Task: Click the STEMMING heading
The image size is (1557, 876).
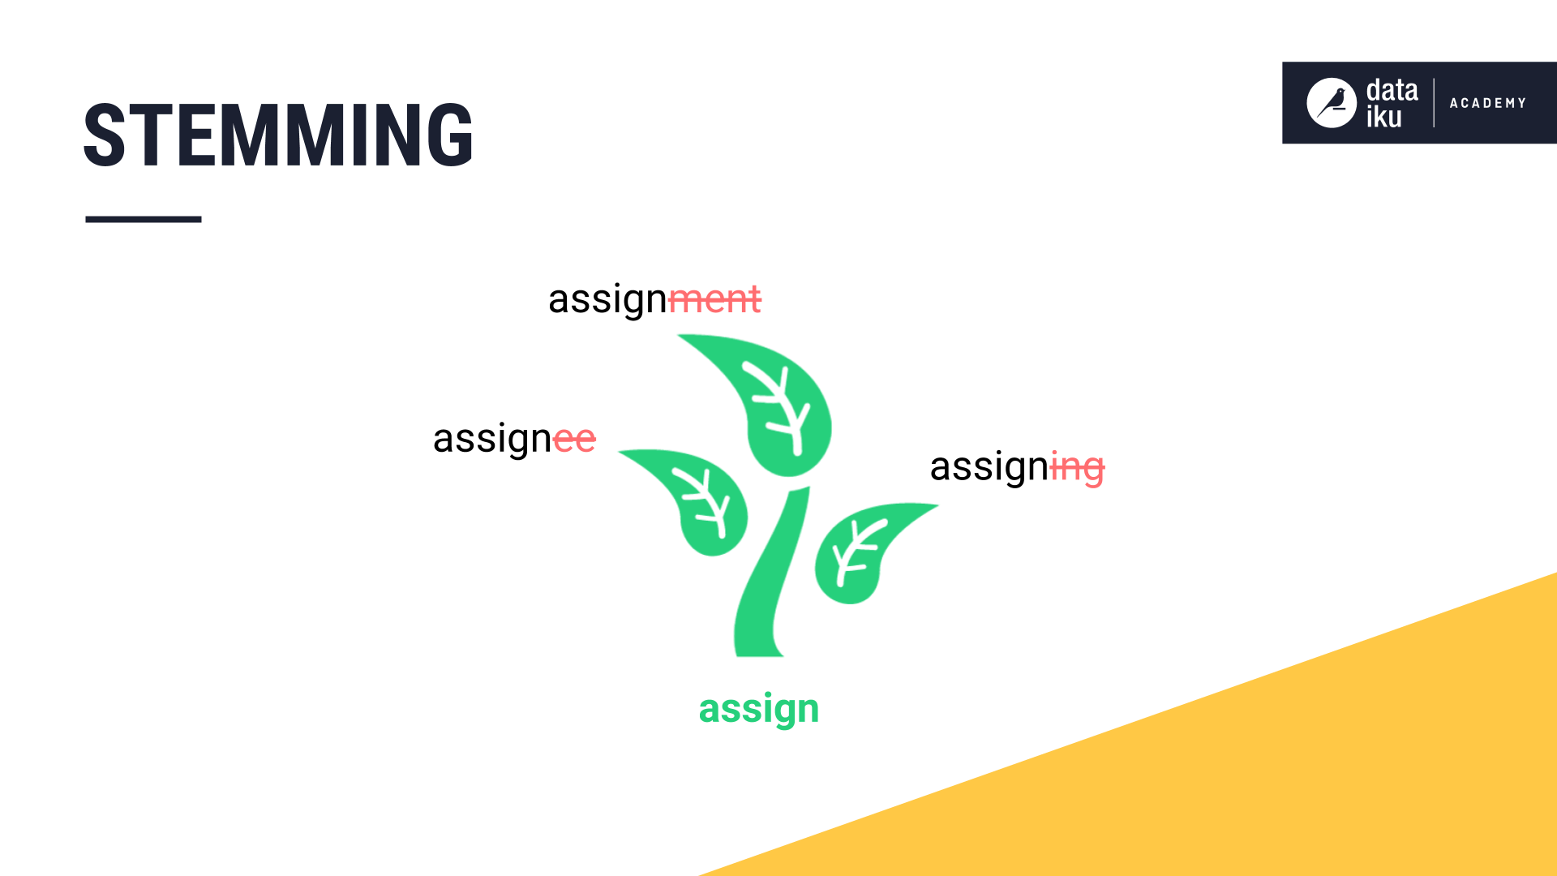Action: click(x=278, y=135)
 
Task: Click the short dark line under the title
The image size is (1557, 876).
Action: click(x=144, y=219)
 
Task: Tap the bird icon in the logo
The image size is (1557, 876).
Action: click(x=1331, y=103)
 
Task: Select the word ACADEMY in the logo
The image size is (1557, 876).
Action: click(x=1488, y=103)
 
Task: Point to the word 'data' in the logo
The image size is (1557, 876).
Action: click(x=1392, y=90)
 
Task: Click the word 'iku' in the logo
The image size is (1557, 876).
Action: click(x=1383, y=118)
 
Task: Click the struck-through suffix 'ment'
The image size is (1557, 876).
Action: click(x=715, y=299)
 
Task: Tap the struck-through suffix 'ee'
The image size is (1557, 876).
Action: click(x=574, y=440)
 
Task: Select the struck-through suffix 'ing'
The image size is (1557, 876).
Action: click(x=1077, y=468)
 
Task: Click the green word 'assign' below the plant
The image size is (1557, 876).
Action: click(x=759, y=710)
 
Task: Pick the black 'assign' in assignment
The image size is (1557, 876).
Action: click(x=607, y=299)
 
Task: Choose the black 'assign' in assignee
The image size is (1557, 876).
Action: click(x=492, y=440)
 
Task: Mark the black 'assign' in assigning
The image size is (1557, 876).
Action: click(x=989, y=468)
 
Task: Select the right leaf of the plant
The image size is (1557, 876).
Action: click(x=860, y=552)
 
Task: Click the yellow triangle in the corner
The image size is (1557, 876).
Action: click(x=1297, y=771)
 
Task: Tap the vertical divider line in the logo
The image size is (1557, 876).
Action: click(x=1434, y=103)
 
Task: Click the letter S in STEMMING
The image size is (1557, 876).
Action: click(x=105, y=135)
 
